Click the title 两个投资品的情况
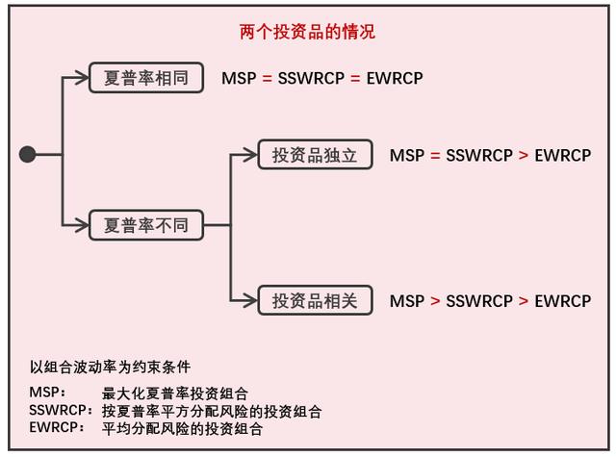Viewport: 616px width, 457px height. [x=307, y=32]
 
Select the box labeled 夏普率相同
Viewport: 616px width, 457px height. [x=146, y=78]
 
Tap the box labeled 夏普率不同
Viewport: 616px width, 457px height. [x=146, y=226]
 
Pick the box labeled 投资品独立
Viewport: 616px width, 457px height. [x=315, y=154]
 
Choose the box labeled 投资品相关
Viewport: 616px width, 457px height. [x=315, y=300]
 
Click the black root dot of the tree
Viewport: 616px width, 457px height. [x=28, y=154]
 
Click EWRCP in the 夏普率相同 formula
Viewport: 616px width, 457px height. [x=395, y=78]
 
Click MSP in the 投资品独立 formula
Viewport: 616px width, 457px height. [x=407, y=155]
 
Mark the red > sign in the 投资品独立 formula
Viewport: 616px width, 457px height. [x=524, y=155]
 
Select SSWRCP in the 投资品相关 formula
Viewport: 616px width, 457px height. [x=479, y=301]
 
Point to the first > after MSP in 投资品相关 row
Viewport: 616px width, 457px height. [x=435, y=301]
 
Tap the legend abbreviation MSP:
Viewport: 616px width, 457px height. [x=48, y=394]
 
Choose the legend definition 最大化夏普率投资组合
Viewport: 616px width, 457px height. [x=174, y=394]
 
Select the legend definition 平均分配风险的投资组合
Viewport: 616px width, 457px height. [x=182, y=429]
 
